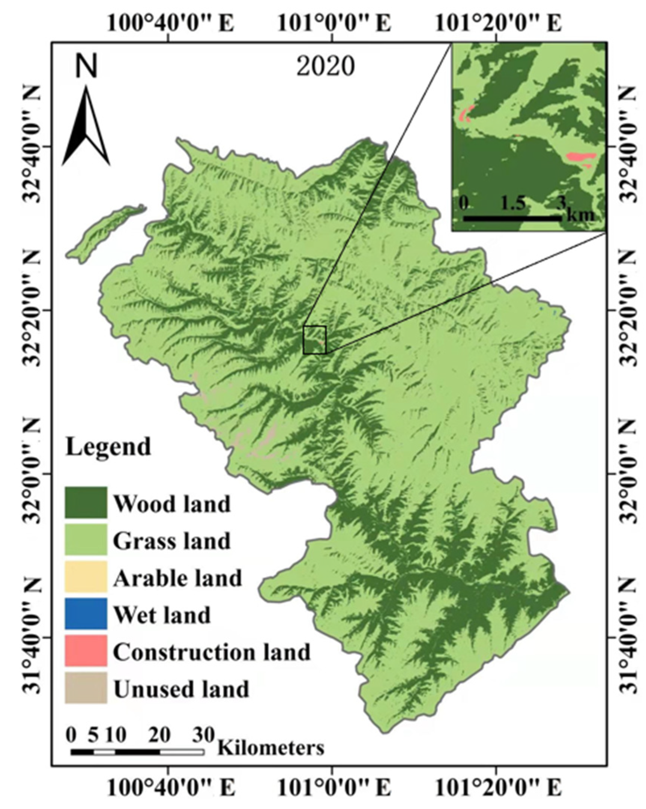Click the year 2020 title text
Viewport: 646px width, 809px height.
coord(325,66)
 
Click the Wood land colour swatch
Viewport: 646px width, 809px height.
coord(86,502)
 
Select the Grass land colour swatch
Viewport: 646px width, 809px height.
coord(86,539)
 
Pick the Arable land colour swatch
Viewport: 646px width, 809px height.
coord(86,577)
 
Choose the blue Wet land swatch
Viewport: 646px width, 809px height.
coord(86,614)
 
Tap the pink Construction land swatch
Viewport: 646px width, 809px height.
coord(86,651)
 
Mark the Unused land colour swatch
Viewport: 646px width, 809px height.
coord(86,688)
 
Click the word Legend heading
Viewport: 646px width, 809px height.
coord(108,447)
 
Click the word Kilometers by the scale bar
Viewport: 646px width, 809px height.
coord(271,748)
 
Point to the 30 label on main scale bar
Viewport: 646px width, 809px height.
coord(203,735)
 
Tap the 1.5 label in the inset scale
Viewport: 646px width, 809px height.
coord(513,204)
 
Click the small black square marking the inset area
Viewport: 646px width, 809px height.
coord(314,340)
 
